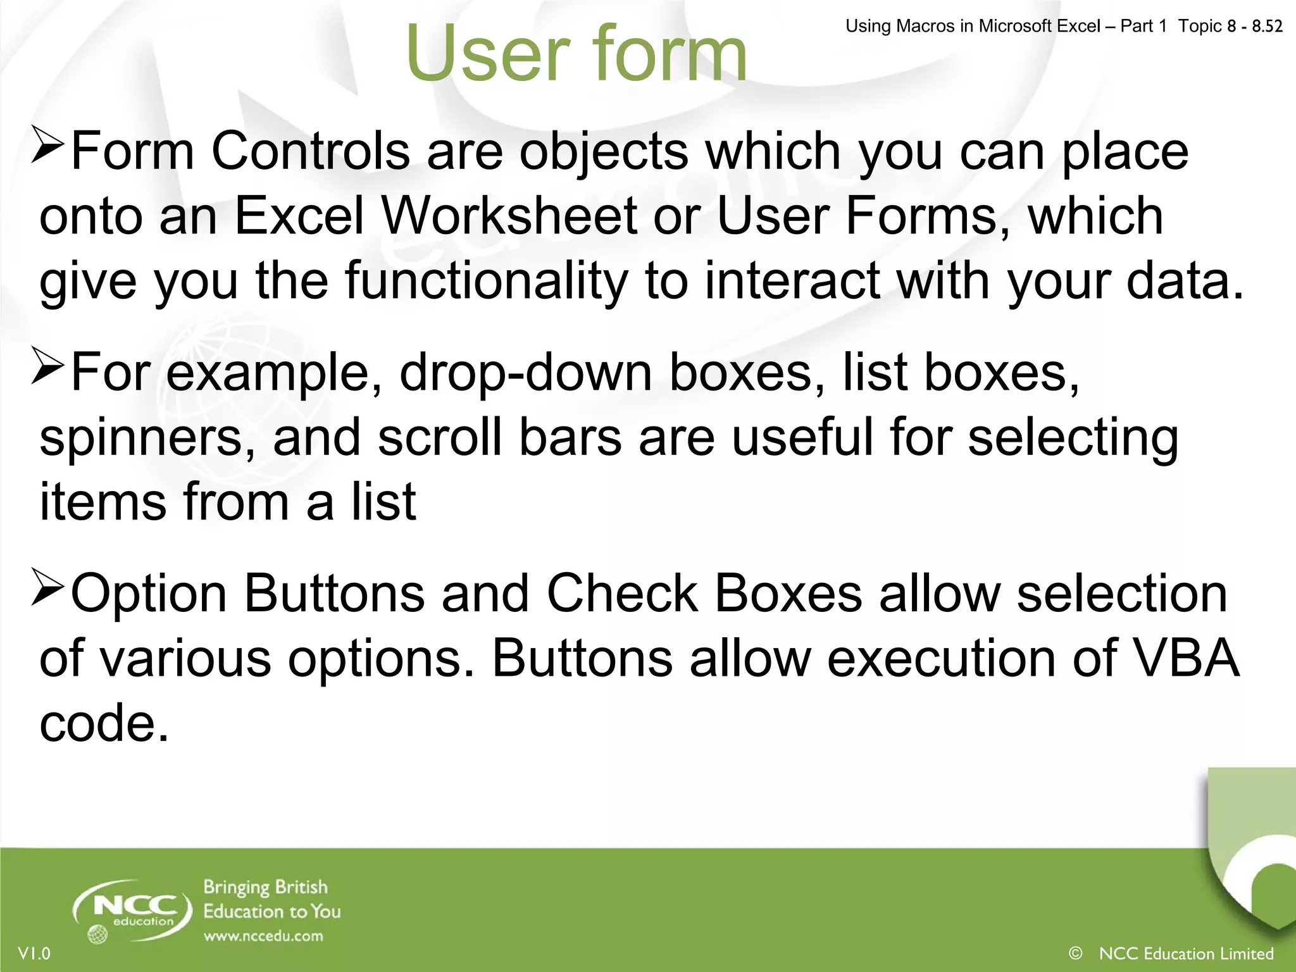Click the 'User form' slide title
(576, 54)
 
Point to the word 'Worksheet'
(509, 216)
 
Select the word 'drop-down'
(525, 373)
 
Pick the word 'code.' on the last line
(104, 723)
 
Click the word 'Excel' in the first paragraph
(300, 216)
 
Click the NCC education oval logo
(133, 909)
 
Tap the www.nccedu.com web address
(263, 936)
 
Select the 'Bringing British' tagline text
(266, 887)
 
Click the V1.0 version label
(34, 953)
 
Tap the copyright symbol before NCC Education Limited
(1075, 952)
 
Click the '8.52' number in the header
(1267, 26)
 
